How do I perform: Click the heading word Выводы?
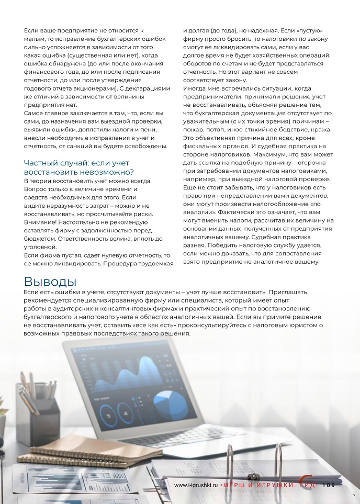pyautogui.click(x=50, y=282)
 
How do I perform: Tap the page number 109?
pyautogui.click(x=329, y=485)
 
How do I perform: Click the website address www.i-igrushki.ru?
pyautogui.click(x=196, y=485)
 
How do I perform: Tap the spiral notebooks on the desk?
pyautogui.click(x=89, y=450)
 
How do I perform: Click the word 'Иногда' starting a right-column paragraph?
pyautogui.click(x=195, y=89)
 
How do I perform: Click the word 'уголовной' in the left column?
pyautogui.click(x=41, y=247)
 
